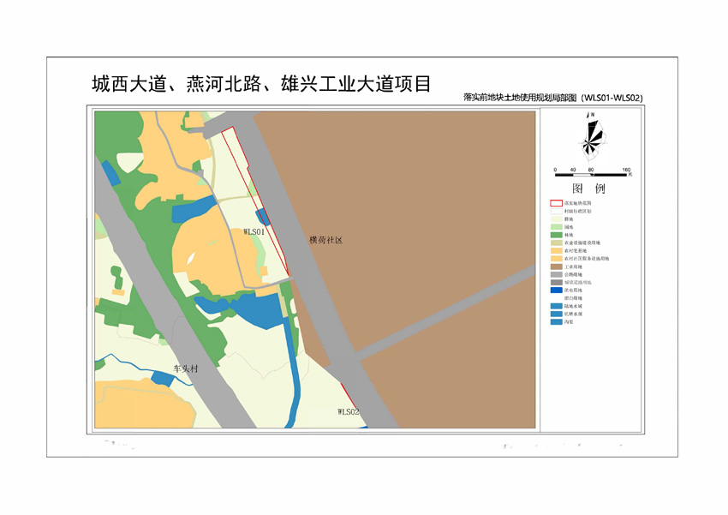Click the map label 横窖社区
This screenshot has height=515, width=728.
[325, 242]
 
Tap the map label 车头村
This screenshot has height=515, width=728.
[185, 368]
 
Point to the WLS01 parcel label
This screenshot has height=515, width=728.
[255, 231]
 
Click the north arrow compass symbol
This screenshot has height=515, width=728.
[591, 137]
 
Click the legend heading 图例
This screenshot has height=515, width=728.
[588, 189]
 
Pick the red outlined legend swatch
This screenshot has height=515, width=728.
[556, 203]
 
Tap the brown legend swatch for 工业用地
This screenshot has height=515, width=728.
[556, 266]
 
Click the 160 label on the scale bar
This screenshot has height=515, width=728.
[627, 171]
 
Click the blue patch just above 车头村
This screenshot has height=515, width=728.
[162, 377]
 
